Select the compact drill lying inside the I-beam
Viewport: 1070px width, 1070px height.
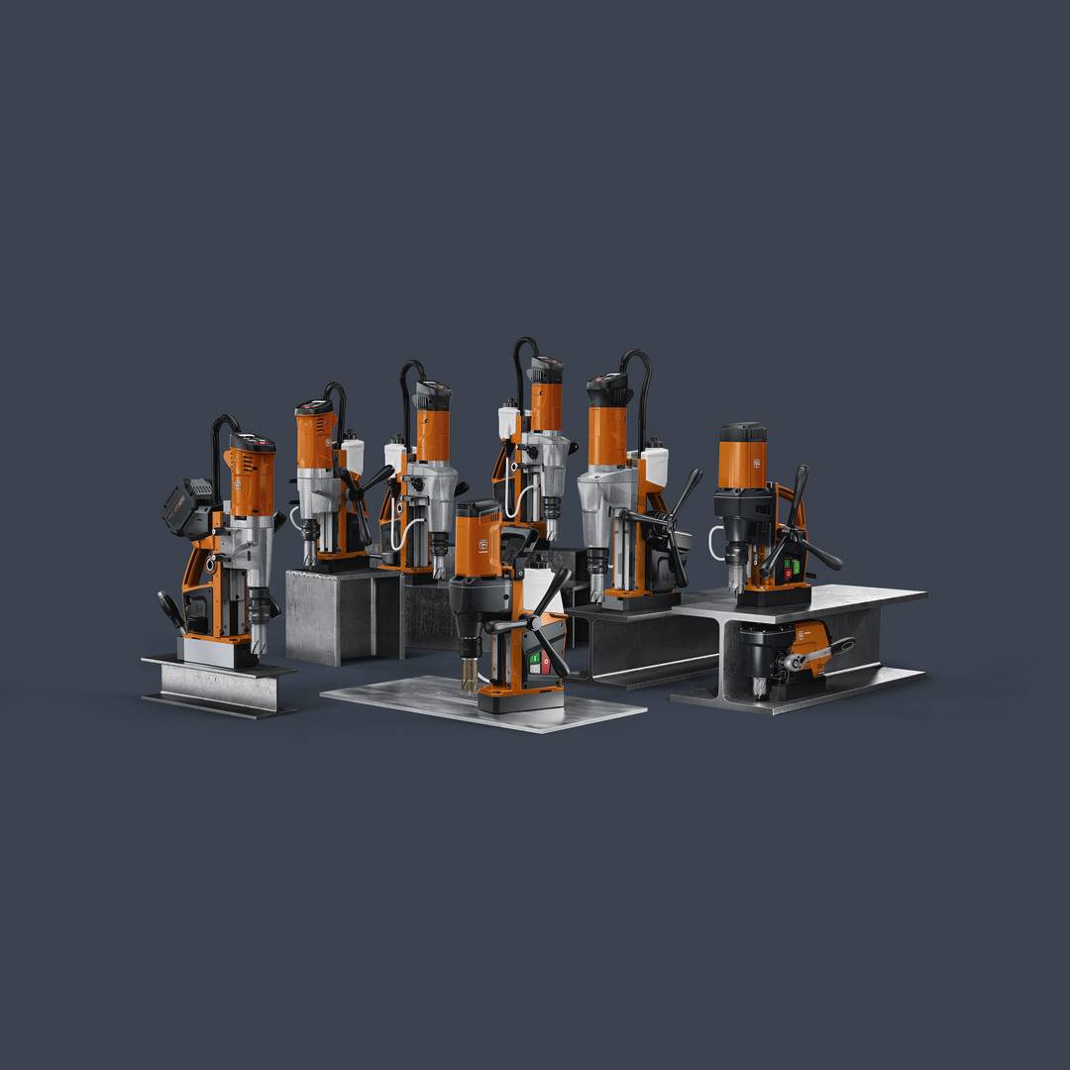pyautogui.click(x=793, y=655)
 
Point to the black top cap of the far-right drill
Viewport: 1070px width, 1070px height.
pyautogui.click(x=742, y=433)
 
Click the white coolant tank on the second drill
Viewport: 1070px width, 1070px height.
pyautogui.click(x=353, y=457)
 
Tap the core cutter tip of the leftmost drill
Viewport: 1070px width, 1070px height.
pyautogui.click(x=260, y=643)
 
